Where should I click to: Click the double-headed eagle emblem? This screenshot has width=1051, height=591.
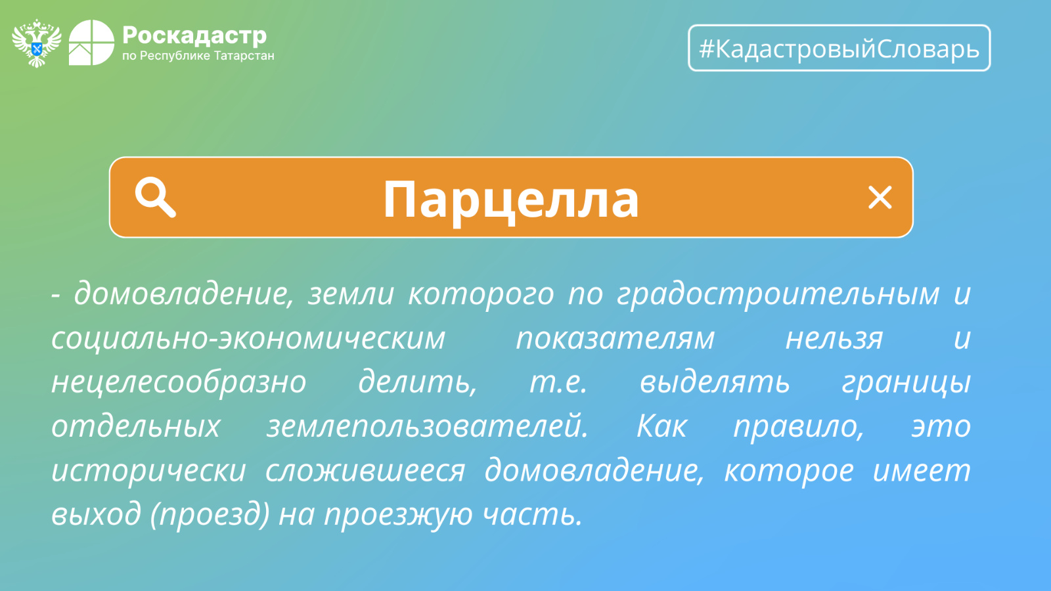pos(37,43)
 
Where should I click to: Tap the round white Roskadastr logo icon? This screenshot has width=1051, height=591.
pos(91,43)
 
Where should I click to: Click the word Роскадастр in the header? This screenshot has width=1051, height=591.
pos(194,35)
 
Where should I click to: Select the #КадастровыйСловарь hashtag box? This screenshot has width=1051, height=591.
pos(839,48)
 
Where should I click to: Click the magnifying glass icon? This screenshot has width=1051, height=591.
pos(155,197)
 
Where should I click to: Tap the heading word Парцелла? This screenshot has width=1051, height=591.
pos(511,200)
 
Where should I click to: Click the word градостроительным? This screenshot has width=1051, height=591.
pos(778,295)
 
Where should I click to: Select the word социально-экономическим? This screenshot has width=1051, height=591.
pos(248,339)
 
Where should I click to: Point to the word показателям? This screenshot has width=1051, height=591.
pos(615,339)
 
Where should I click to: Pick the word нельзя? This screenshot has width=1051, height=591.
pos(834,339)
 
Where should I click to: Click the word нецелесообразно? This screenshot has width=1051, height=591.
pos(179,381)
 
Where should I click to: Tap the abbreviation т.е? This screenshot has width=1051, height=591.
pos(558,382)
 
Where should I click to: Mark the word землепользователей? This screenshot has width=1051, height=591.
pos(428,426)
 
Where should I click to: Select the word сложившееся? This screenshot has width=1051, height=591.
pos(365,470)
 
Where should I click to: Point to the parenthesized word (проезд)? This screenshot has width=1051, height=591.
pos(210,515)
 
